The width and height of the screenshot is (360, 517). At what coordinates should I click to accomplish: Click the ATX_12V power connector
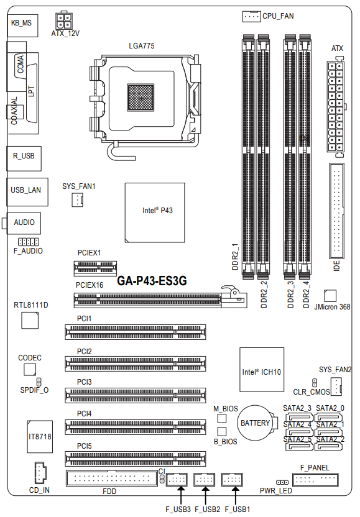(x=64, y=21)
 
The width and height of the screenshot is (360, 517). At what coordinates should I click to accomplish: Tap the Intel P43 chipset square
(x=155, y=213)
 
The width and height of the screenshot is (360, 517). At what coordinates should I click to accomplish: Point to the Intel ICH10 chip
(x=262, y=369)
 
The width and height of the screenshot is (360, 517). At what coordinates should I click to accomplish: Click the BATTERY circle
(x=255, y=423)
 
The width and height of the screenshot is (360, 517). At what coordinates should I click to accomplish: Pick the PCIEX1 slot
(x=95, y=268)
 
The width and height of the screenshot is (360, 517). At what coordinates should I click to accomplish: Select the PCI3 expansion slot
(x=136, y=395)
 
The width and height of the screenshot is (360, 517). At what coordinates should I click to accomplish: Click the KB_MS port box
(x=22, y=25)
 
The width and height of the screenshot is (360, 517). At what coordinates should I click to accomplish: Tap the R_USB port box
(x=24, y=158)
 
